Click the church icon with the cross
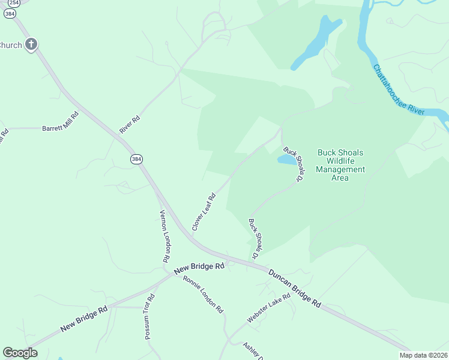pos(31,44)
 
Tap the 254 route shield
pos(10,3)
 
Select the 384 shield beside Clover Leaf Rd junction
pos(136,159)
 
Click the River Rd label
pos(130,124)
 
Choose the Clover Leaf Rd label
pos(203,212)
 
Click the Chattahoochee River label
pos(399,91)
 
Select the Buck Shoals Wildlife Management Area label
pos(340,165)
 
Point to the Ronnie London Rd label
pos(203,295)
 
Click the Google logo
pos(20,353)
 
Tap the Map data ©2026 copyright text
pos(424,355)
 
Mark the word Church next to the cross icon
pos(10,45)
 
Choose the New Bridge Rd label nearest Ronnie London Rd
pos(199,269)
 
